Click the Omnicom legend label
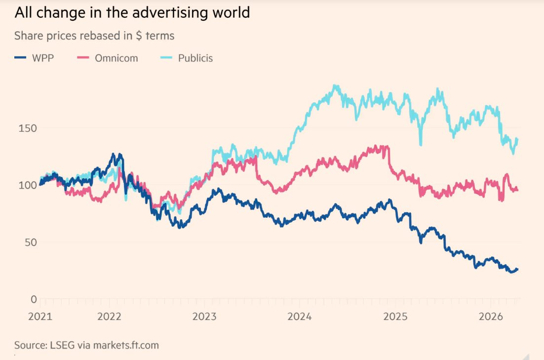(x=117, y=58)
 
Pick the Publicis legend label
(x=195, y=58)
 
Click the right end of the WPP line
(x=517, y=269)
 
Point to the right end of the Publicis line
(x=517, y=139)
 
